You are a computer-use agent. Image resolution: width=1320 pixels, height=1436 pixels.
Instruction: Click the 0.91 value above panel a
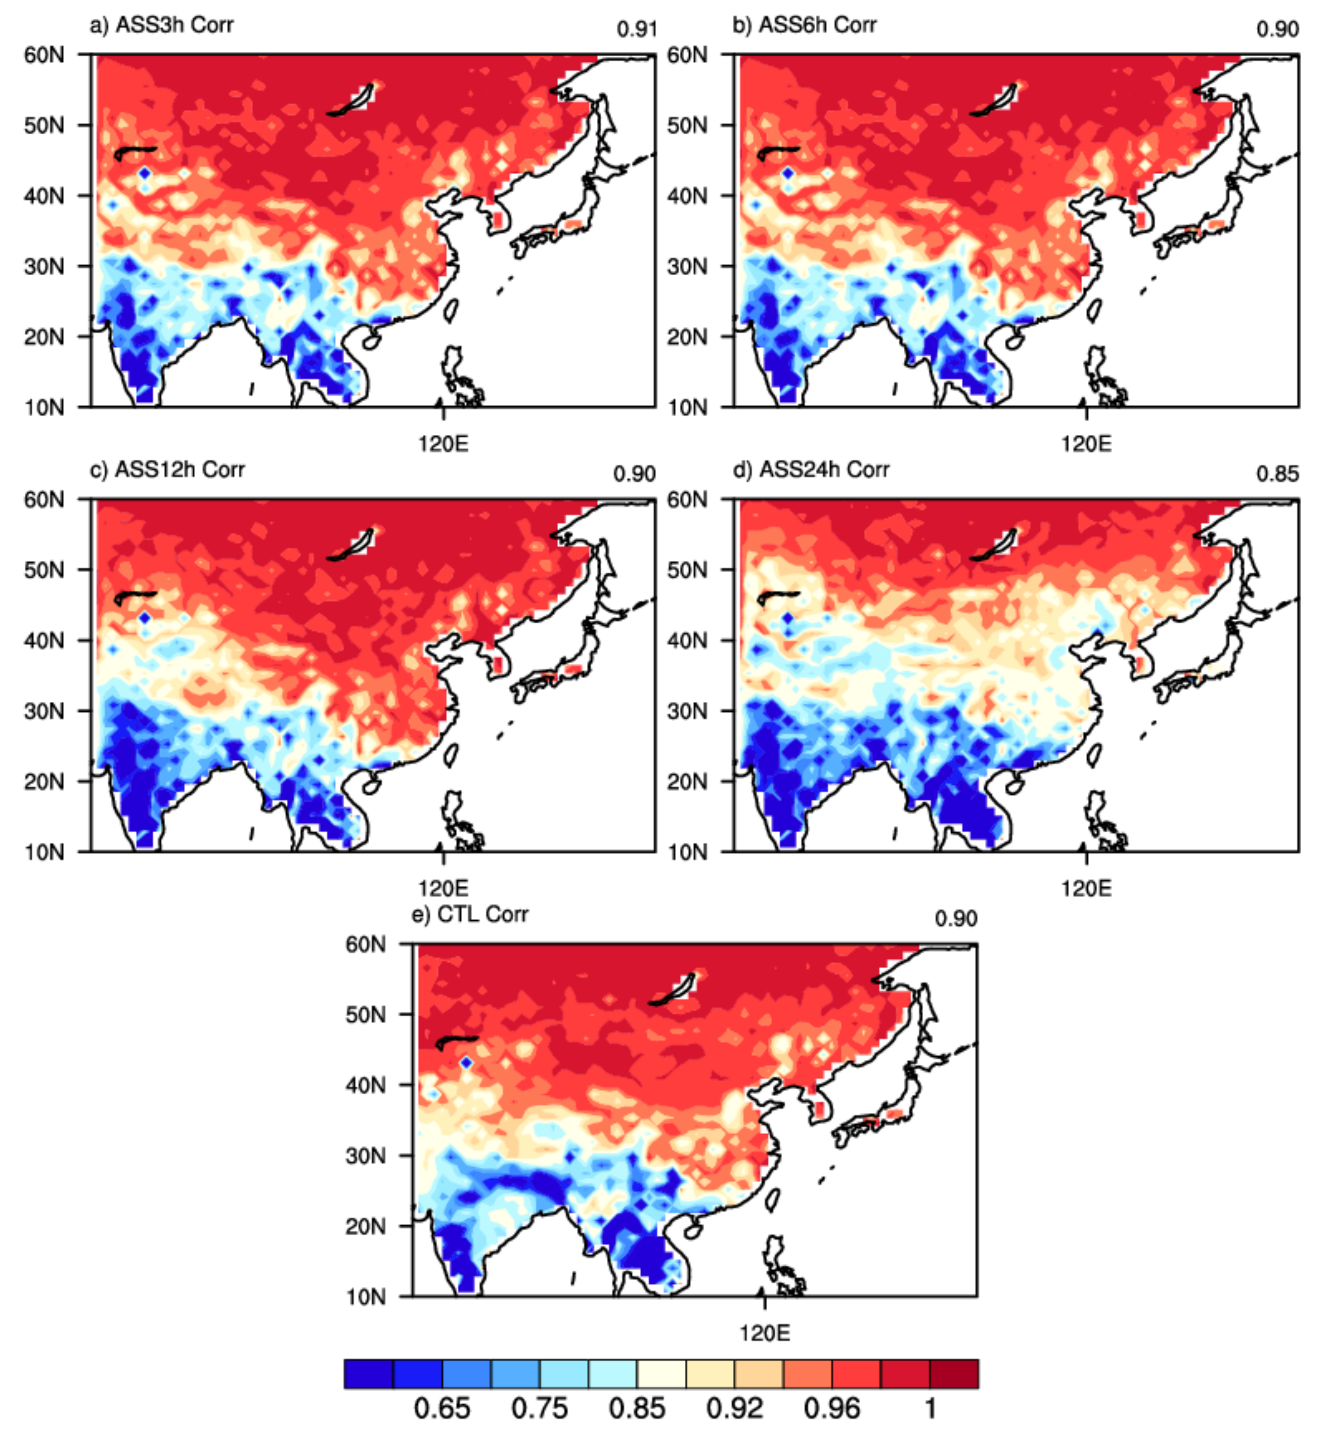637,29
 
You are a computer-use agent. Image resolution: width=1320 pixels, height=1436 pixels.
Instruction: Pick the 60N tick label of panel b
687,55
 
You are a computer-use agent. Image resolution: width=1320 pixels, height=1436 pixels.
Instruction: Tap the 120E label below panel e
764,1333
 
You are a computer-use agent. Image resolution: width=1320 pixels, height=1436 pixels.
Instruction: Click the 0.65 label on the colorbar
442,1408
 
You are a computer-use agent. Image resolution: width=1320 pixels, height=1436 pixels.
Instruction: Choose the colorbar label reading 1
930,1408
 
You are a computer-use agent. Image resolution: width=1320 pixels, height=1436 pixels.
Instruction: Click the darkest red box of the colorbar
954,1373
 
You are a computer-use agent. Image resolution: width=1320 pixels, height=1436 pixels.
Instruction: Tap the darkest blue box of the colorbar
368,1373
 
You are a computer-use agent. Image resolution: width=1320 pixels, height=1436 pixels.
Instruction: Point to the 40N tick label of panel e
365,1085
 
